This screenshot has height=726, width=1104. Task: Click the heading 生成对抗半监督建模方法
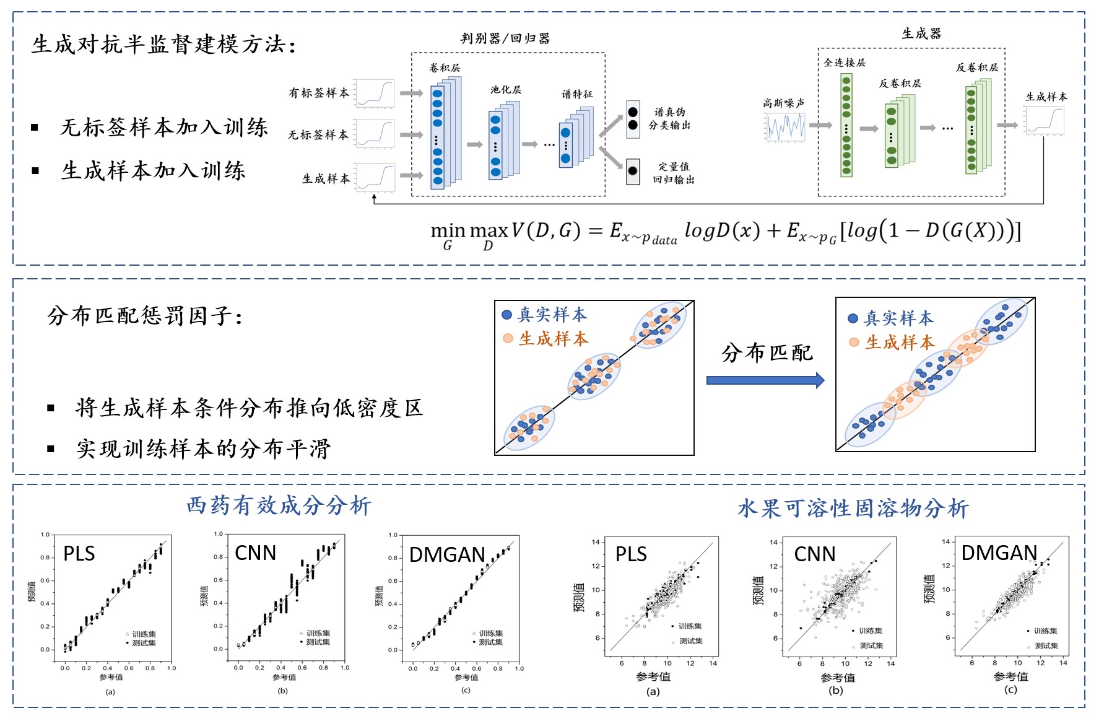coord(163,45)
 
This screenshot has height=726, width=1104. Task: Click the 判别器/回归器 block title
coord(505,38)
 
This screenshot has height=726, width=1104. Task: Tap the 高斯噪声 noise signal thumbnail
coord(785,126)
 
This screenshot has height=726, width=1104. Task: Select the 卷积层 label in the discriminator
coord(445,68)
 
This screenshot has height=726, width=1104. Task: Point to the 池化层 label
coord(506,90)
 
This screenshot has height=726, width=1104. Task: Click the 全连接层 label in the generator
coord(845,63)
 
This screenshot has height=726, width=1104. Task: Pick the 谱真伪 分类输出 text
coord(669,118)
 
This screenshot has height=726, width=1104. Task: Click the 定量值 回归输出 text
coord(674,173)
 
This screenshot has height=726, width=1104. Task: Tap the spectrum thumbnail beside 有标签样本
coord(375,94)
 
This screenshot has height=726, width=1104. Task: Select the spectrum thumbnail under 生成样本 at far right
coord(1044,120)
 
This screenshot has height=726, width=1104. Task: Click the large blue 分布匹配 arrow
coord(765,380)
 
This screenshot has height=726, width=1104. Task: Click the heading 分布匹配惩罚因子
coord(145,316)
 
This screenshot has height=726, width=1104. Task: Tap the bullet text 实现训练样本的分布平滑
coord(203,448)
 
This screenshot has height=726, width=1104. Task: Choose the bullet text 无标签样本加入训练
coord(164,128)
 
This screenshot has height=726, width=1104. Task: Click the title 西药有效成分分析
coord(279,505)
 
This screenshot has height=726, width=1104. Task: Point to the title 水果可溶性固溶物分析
coord(853,509)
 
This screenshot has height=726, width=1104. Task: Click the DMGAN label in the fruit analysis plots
coord(999,553)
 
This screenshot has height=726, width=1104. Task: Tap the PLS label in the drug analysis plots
coord(79,553)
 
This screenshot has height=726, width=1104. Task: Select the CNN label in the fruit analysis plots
coord(815,554)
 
